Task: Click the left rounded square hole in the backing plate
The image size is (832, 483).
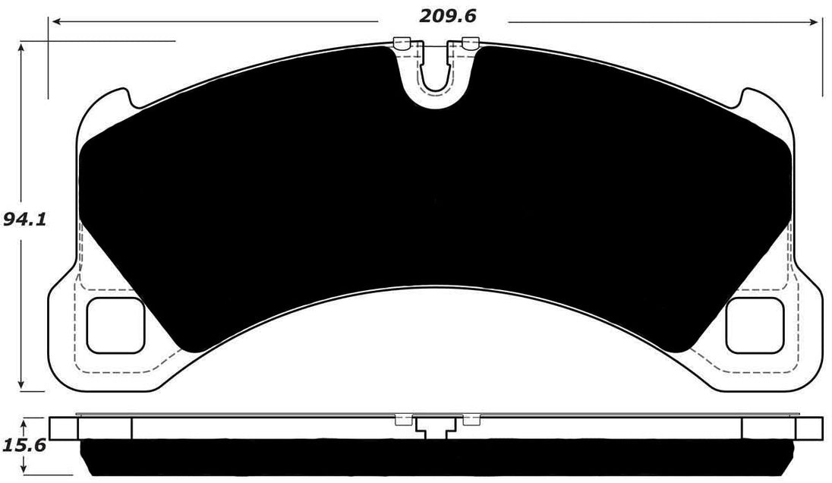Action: tap(116, 325)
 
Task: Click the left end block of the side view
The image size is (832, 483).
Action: tap(64, 428)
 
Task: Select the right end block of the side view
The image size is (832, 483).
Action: tap(807, 428)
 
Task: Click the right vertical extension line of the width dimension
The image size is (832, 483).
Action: tap(821, 61)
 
